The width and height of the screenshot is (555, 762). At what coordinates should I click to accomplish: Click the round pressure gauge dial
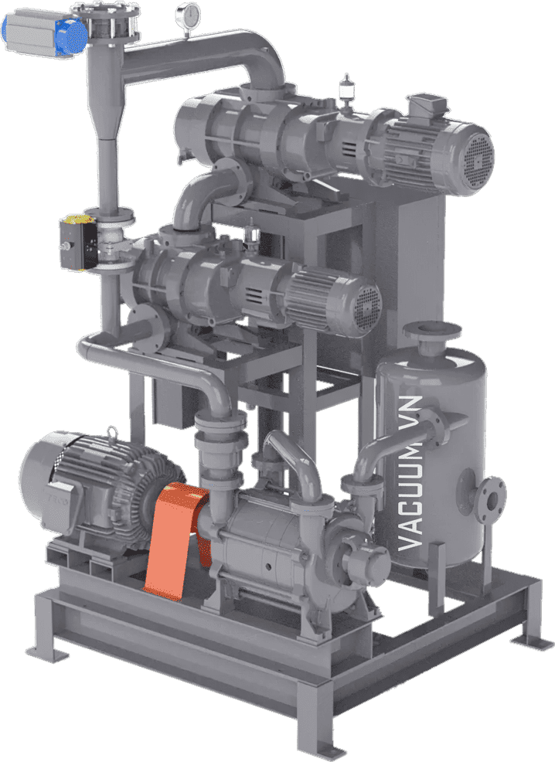[188, 14]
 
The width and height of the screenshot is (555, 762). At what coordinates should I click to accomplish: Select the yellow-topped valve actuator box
[78, 242]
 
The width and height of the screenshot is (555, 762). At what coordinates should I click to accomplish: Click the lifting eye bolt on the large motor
[113, 433]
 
